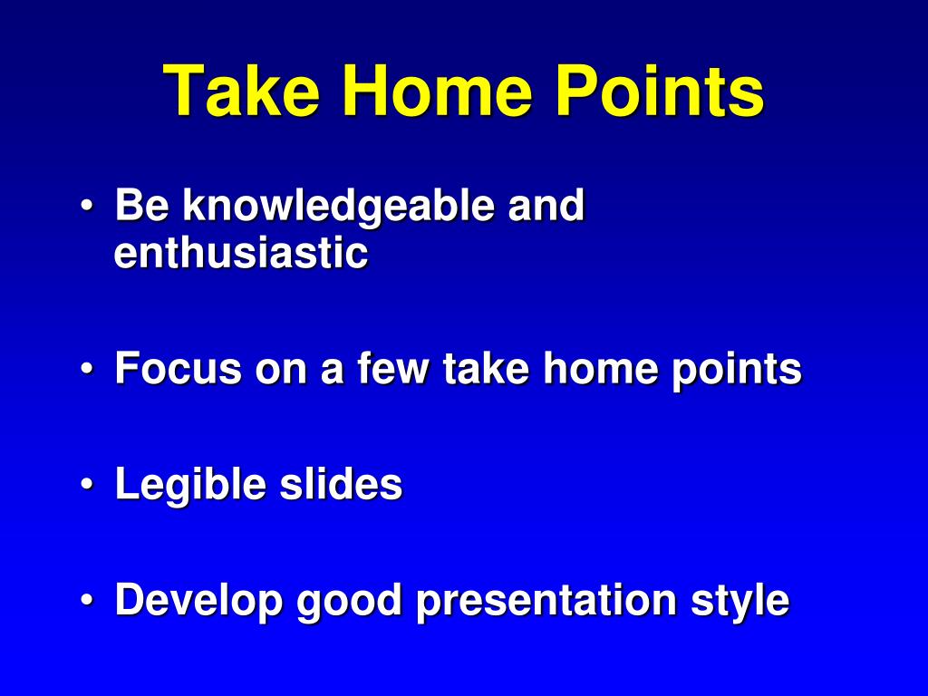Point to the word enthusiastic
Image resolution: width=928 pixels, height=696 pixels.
click(241, 254)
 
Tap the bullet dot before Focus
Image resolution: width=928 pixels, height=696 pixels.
click(87, 369)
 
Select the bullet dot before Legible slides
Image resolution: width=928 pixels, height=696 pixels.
click(87, 484)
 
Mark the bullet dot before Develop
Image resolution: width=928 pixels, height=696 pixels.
click(87, 600)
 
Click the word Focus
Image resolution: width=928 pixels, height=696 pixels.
click(179, 368)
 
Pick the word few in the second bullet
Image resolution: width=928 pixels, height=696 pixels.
click(392, 368)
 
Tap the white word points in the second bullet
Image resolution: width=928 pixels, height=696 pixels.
click(737, 371)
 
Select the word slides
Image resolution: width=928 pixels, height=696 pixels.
click(341, 484)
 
